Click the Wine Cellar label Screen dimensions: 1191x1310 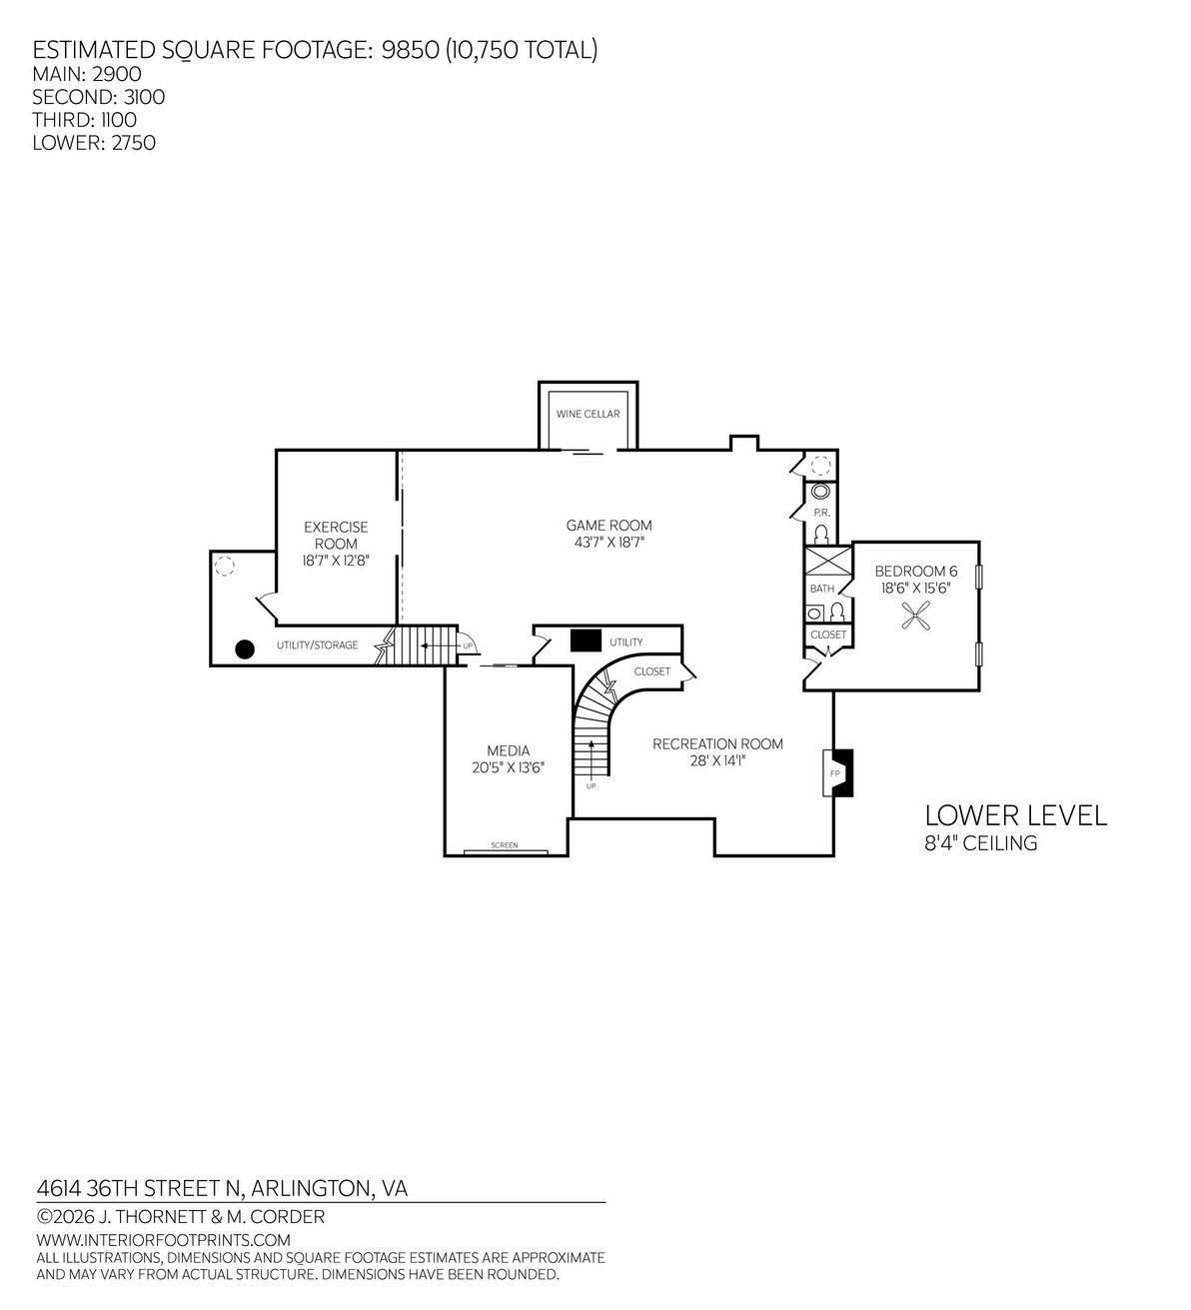588,414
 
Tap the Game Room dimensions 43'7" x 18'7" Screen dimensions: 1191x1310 608,542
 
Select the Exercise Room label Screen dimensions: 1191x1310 336,535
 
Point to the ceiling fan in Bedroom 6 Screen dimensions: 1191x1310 915,616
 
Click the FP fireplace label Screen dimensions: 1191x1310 834,773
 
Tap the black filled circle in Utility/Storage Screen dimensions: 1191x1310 244,650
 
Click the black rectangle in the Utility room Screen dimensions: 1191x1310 586,640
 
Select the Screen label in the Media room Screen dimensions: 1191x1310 505,844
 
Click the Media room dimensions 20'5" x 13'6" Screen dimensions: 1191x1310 508,767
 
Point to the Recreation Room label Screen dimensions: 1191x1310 717,743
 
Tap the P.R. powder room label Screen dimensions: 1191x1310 821,513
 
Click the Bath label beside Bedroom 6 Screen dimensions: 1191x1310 822,589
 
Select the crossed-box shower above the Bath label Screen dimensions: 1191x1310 828,561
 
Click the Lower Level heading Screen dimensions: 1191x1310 1015,815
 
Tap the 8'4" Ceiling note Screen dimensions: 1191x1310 981,843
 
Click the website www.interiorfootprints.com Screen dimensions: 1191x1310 163,1239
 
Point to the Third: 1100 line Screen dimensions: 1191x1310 84,120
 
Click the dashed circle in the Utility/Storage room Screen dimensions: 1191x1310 224,566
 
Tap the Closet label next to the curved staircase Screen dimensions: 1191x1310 651,671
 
